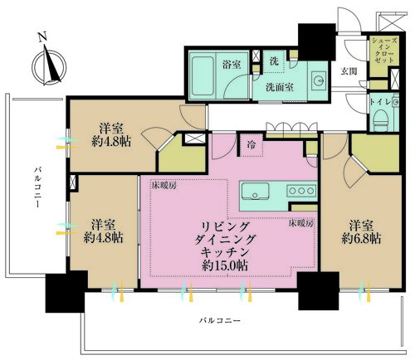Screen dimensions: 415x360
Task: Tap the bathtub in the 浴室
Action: (x=203, y=76)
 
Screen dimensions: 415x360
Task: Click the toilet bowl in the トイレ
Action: (x=381, y=120)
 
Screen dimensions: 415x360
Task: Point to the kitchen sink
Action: (x=255, y=191)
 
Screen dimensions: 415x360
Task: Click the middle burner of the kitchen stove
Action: (x=301, y=191)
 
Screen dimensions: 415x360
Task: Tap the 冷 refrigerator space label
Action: (x=251, y=145)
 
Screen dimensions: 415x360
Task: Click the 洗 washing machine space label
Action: (x=274, y=61)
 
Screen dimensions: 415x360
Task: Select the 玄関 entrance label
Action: (x=349, y=71)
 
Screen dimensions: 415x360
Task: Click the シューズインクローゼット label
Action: (x=384, y=50)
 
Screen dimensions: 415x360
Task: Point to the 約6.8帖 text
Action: (x=361, y=238)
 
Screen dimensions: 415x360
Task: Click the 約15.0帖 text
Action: (x=225, y=265)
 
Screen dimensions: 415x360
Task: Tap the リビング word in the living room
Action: (x=225, y=226)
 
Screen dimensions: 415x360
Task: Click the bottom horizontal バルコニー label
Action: (x=220, y=321)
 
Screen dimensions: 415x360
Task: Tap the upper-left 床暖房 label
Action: (x=164, y=186)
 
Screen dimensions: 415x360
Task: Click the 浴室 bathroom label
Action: (x=232, y=65)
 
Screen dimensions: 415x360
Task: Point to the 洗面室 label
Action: (x=280, y=87)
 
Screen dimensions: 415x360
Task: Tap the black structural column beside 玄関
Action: (x=317, y=42)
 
